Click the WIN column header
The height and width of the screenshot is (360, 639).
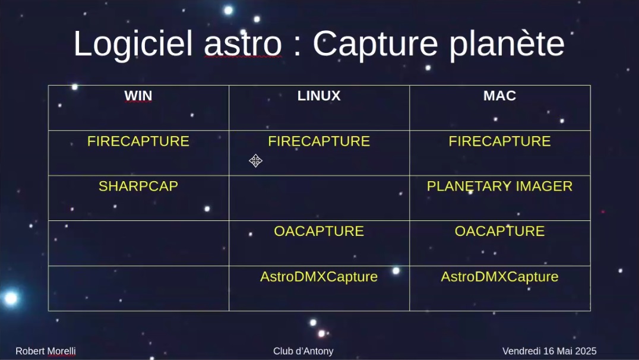click(x=138, y=96)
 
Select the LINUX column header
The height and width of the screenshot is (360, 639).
click(x=319, y=96)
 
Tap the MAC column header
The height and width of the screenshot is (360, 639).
click(x=499, y=96)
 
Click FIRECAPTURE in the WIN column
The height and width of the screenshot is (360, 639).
click(x=138, y=141)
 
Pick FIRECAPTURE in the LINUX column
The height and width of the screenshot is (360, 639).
click(x=319, y=141)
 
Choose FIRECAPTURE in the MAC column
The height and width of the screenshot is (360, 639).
click(x=499, y=141)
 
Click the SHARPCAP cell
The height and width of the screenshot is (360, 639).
click(x=138, y=187)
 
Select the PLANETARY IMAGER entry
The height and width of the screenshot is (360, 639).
click(x=499, y=187)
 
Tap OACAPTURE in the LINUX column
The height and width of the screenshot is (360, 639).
click(x=319, y=231)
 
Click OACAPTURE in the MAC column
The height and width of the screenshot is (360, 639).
click(x=499, y=231)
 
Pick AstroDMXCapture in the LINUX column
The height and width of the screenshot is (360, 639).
click(x=319, y=277)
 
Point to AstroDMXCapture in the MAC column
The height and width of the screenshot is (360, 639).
click(x=499, y=277)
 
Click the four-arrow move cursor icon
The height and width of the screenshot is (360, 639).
click(x=255, y=160)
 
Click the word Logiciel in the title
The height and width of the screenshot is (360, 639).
click(x=133, y=43)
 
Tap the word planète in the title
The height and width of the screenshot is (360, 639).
click(x=507, y=44)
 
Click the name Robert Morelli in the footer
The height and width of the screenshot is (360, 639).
click(x=46, y=351)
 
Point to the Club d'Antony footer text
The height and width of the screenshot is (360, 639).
click(x=303, y=351)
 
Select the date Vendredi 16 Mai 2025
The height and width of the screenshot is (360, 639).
click(x=549, y=351)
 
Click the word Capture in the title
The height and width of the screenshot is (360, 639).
click(x=375, y=44)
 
